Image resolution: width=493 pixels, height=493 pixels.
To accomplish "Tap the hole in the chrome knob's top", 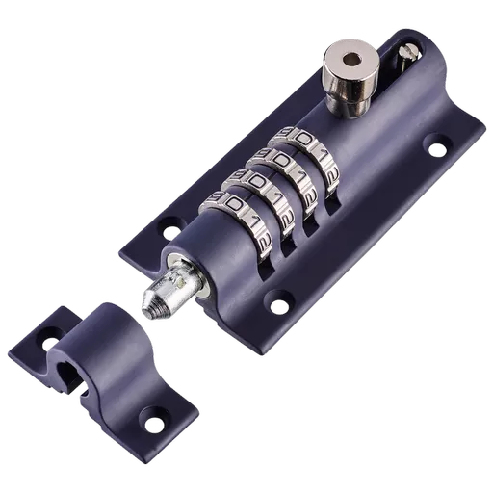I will pos(348,59).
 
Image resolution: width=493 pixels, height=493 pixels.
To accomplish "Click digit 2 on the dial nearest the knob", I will pos(330,178).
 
